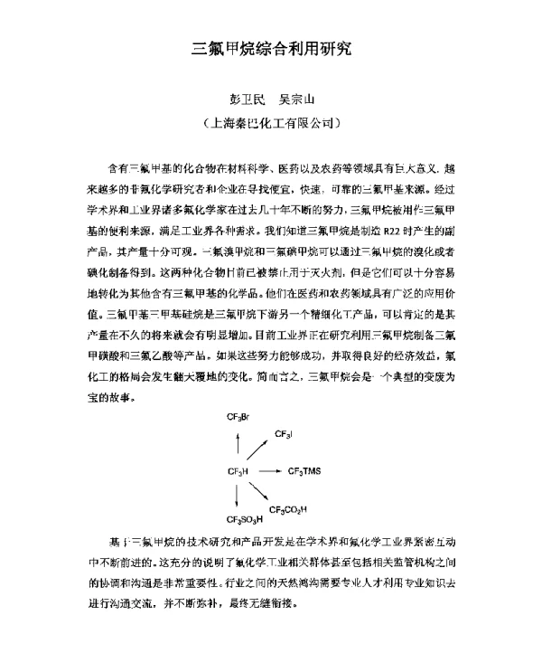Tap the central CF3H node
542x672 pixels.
tap(238, 471)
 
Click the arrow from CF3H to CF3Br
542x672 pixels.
tap(238, 444)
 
